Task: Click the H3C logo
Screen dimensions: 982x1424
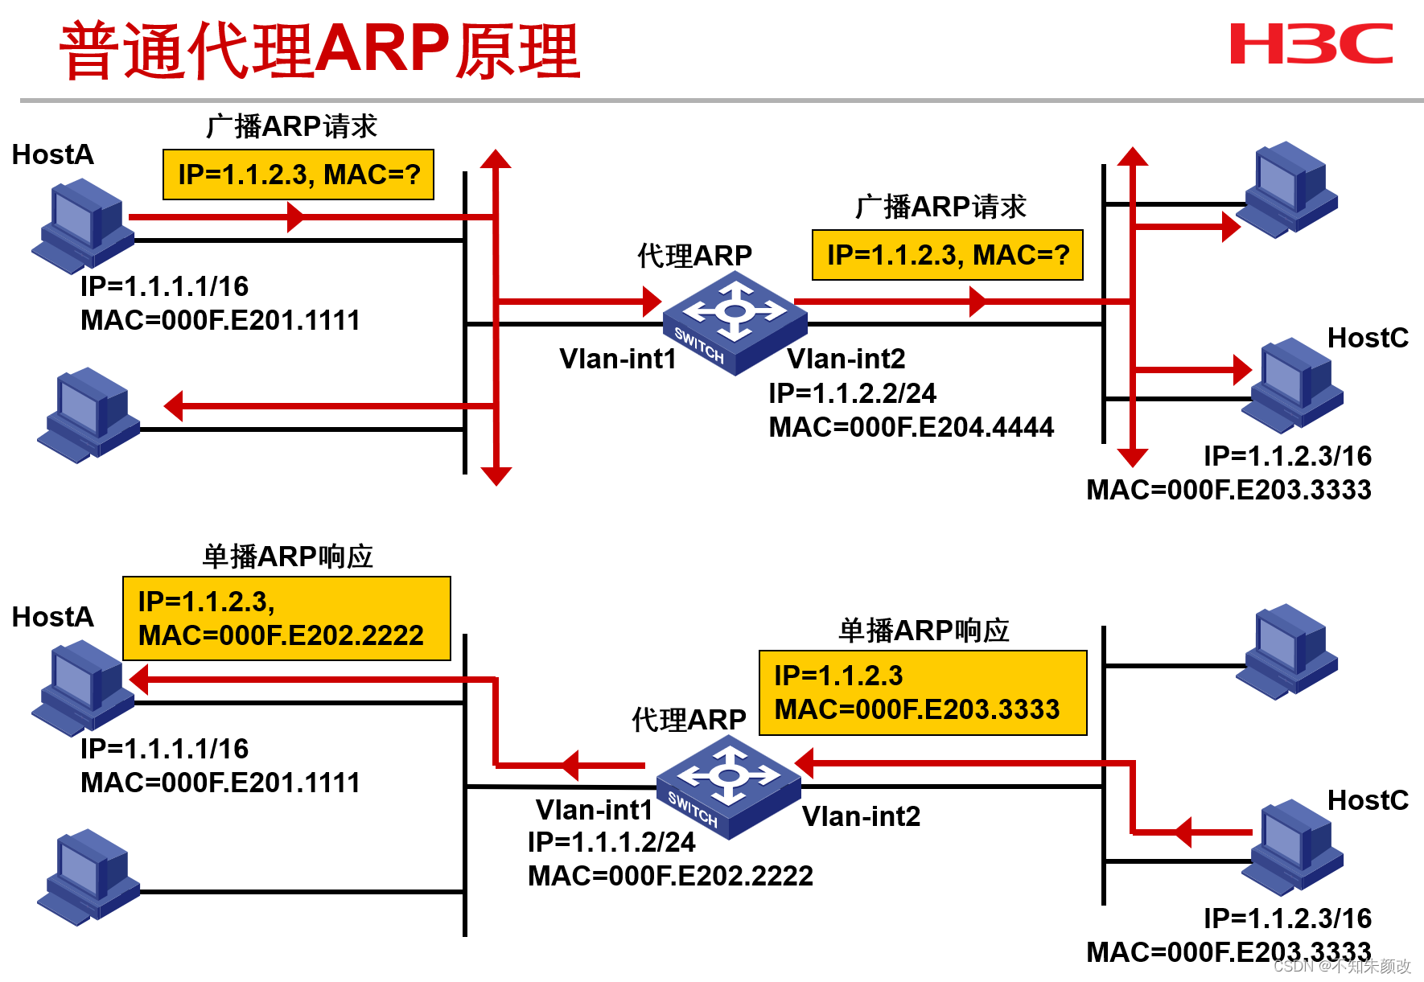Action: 1311,44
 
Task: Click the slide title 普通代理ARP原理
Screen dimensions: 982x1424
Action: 319,50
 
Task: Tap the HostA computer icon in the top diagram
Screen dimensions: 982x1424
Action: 82,226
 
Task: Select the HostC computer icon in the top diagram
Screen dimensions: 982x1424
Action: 1292,384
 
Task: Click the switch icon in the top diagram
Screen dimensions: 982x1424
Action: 733,323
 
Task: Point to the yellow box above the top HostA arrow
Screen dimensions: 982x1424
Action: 298,175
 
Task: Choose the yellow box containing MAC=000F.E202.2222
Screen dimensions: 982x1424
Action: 286,618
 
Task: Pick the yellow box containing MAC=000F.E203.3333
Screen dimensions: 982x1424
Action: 923,692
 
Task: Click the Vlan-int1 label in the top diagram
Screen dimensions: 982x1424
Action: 617,359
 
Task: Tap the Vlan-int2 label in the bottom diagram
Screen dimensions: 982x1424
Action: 861,816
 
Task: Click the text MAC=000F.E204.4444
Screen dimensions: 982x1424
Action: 911,427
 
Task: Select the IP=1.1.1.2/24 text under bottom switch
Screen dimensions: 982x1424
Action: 611,842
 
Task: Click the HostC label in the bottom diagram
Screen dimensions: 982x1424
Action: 1367,800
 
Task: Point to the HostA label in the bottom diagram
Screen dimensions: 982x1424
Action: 52,617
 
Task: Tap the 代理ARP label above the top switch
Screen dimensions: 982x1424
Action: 694,256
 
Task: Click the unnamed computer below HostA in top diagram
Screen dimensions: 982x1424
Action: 88,415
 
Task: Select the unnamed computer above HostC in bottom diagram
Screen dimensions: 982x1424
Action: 1286,651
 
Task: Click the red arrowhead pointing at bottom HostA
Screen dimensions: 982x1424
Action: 139,680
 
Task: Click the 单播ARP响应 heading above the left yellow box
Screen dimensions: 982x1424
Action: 287,557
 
